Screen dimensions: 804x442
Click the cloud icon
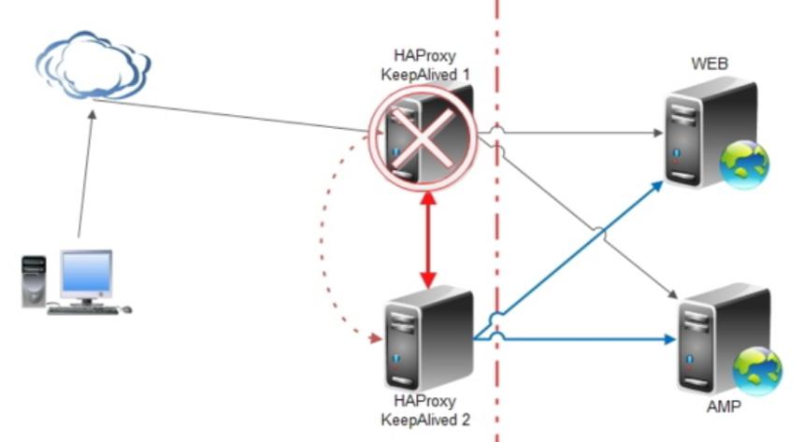coord(93,64)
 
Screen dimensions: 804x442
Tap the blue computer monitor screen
coord(86,272)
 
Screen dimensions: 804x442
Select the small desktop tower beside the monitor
coord(34,281)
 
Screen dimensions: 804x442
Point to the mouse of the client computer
coord(126,309)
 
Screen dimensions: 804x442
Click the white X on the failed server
coord(423,139)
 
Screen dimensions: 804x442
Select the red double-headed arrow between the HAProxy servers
coord(428,239)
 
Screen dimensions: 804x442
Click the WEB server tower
coord(711,133)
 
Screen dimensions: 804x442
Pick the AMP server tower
coord(724,340)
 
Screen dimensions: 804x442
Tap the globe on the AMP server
coord(757,371)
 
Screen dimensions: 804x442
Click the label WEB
coord(710,64)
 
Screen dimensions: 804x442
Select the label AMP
coord(724,406)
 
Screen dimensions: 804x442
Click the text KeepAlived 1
coord(425,75)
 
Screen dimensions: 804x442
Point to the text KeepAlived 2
coord(425,420)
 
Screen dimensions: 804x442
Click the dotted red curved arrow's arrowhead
coord(377,338)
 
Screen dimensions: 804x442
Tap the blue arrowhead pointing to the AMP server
coord(669,339)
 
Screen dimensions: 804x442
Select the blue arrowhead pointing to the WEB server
coord(657,187)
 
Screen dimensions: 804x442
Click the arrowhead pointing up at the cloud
coord(92,115)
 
